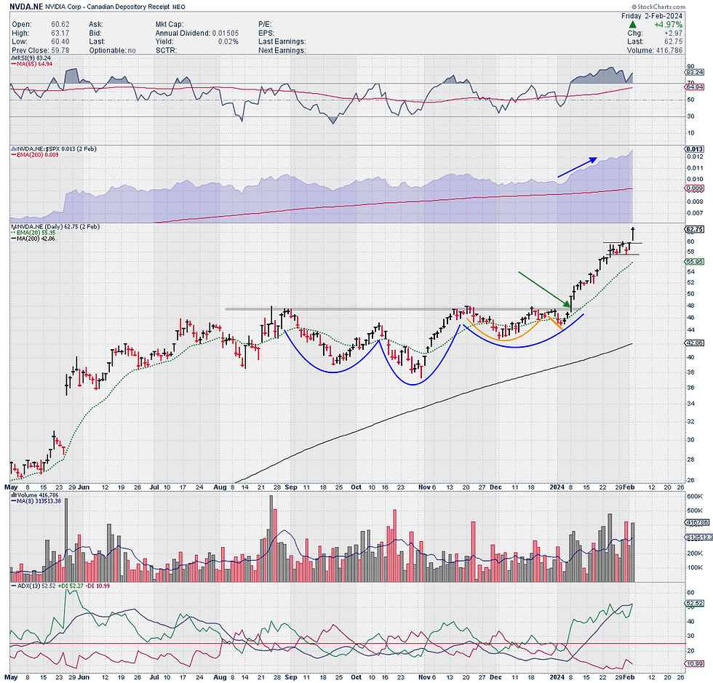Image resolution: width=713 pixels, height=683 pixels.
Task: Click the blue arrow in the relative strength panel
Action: tap(577, 167)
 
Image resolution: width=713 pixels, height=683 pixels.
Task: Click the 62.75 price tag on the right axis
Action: tap(693, 228)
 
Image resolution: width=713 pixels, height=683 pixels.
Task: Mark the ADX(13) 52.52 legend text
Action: tap(32, 584)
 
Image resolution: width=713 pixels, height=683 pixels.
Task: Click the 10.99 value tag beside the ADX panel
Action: tap(694, 666)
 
